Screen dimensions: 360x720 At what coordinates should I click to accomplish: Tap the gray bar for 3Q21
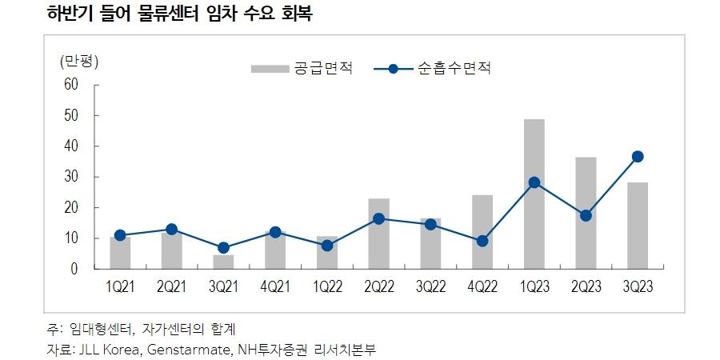(x=223, y=262)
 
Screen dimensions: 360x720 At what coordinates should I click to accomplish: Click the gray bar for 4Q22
(x=482, y=233)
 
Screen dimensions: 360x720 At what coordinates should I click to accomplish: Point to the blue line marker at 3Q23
(x=637, y=157)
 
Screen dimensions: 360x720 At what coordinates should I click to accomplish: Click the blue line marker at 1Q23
(x=534, y=182)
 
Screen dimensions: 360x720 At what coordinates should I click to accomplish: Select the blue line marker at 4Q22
(x=482, y=241)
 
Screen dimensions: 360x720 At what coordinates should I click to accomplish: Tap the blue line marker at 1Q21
(x=120, y=235)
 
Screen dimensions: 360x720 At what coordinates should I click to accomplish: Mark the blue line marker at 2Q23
(x=586, y=215)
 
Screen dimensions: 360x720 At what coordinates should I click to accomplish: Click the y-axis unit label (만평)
(x=79, y=62)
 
